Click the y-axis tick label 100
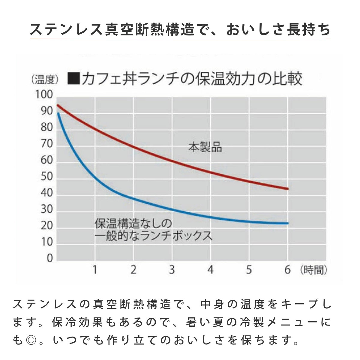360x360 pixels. click(x=44, y=95)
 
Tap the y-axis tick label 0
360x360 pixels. click(x=50, y=259)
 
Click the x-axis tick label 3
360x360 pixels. click(x=172, y=270)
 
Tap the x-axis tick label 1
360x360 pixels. click(x=95, y=270)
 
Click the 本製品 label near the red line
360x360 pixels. click(x=205, y=148)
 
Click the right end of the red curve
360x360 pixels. click(x=288, y=189)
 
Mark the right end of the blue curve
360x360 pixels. click(x=288, y=223)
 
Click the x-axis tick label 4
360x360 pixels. click(x=211, y=270)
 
